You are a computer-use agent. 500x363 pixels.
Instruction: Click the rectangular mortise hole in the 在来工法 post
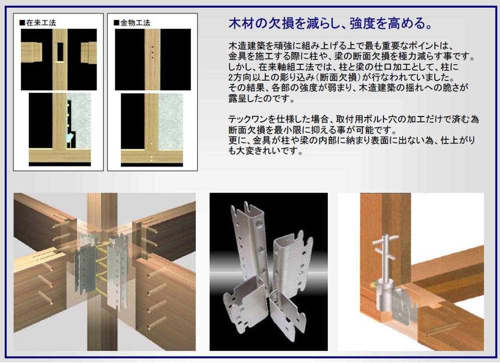click(60, 51)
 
